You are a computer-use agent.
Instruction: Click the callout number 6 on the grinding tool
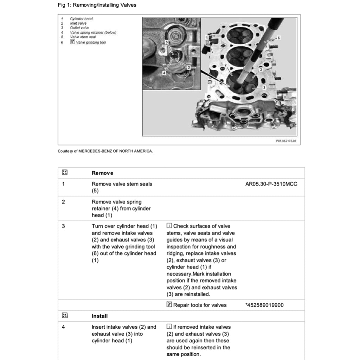coord(278,38)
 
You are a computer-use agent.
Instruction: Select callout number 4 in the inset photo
coord(164,72)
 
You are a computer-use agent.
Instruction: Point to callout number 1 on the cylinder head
coord(207,37)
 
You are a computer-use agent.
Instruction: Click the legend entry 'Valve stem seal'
coord(83,37)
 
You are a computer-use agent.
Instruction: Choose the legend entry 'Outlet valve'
coord(79,28)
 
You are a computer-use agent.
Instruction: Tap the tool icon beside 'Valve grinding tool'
coord(73,42)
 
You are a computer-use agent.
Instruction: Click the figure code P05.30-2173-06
coord(286,141)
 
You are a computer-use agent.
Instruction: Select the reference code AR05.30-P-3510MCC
coord(271,184)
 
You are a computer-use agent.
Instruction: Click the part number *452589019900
coord(264,305)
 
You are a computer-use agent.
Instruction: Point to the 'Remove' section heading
coord(102,173)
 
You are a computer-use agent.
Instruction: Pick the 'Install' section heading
coord(99,316)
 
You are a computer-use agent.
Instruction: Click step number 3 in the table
coord(63,226)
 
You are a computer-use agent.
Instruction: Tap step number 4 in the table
coord(63,327)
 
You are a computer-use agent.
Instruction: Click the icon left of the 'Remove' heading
coord(64,173)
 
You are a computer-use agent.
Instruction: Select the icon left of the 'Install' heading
coord(64,316)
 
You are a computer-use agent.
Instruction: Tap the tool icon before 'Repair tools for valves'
coord(169,305)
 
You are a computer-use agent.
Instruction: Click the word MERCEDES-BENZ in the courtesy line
coord(95,151)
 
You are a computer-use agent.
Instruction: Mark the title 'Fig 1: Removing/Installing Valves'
coord(97,5)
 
